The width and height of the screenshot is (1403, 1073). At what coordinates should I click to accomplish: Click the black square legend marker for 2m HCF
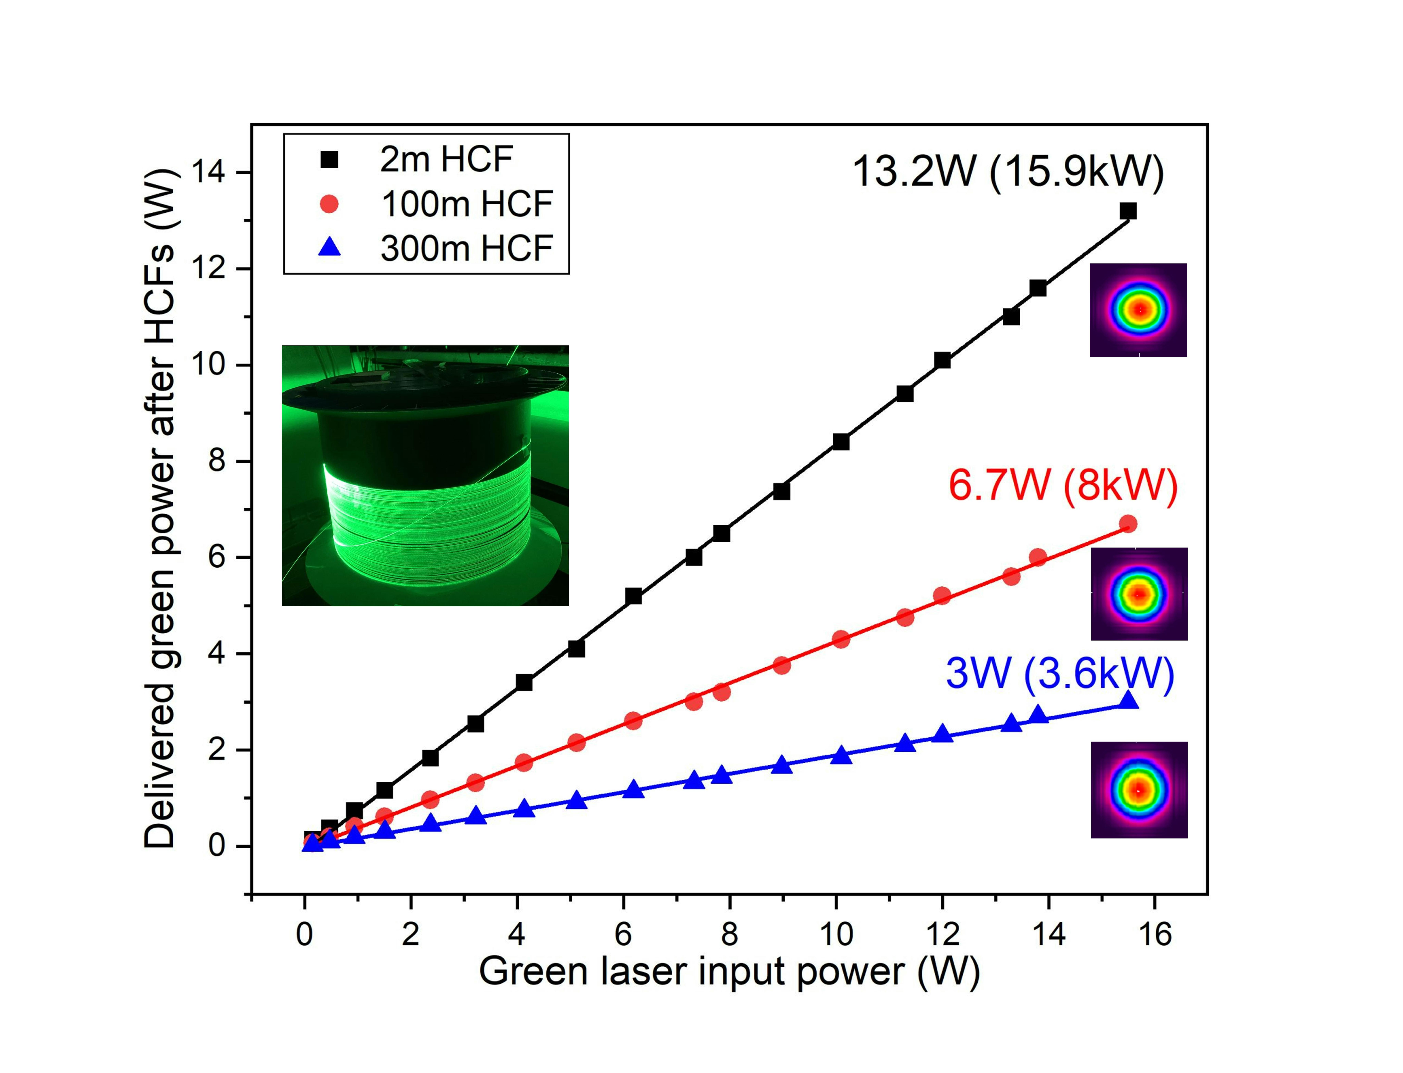(329, 159)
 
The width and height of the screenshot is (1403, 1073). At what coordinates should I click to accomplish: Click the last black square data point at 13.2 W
(1128, 211)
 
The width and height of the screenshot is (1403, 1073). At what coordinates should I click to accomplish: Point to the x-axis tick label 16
(1155, 935)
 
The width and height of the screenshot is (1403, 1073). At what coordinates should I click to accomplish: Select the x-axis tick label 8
(729, 935)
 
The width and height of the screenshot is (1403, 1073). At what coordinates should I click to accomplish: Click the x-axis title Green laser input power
(729, 972)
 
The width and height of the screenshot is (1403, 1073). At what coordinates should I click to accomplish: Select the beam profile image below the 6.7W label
(1139, 594)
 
